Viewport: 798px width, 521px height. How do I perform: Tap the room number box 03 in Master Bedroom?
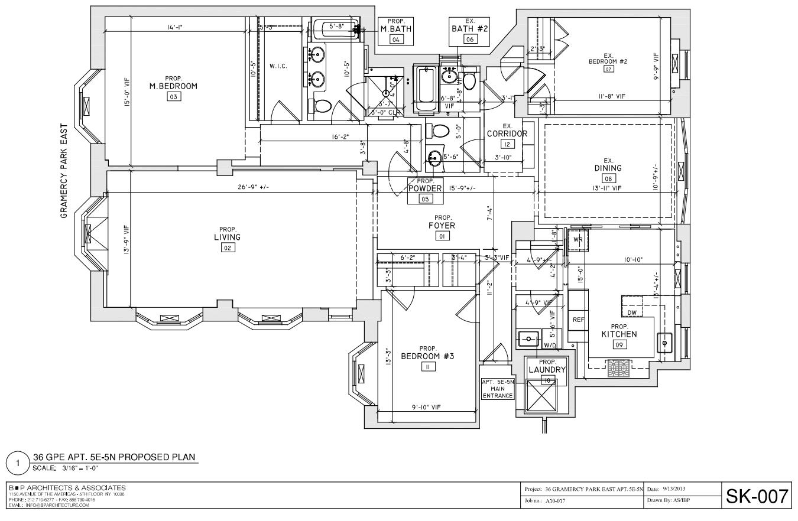[173, 97]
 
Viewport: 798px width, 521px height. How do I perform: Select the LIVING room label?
[227, 237]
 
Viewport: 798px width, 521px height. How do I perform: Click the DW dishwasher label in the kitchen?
[632, 312]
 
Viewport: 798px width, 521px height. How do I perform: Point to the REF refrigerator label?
[579, 320]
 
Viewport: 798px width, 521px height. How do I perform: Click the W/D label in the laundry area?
[549, 345]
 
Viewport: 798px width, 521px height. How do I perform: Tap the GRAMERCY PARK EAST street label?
[64, 171]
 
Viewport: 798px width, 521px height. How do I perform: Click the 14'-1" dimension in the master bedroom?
[174, 27]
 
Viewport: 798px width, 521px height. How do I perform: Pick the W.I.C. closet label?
[278, 66]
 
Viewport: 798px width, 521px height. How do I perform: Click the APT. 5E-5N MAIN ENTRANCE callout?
[498, 389]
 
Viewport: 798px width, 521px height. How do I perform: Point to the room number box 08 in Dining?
[608, 178]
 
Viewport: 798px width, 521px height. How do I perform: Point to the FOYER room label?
[442, 226]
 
